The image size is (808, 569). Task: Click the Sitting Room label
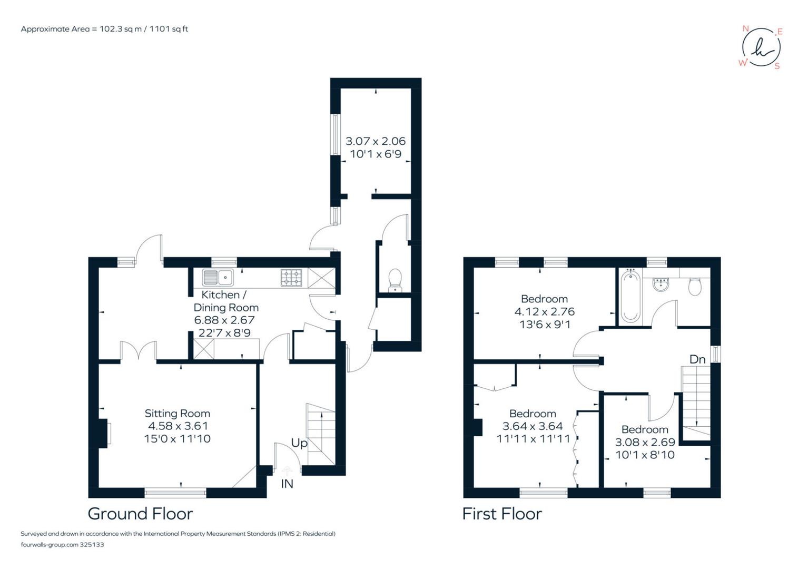pos(177,414)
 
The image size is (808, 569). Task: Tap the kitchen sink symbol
pos(218,277)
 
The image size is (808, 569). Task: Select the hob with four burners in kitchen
pos(291,277)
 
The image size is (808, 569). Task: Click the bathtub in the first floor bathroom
pos(630,296)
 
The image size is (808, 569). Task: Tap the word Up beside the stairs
pos(299,443)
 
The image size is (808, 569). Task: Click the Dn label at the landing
pos(697,359)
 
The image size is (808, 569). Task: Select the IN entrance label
pos(287,484)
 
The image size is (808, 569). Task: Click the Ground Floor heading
pos(140,514)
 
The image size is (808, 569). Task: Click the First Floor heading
pos(501,514)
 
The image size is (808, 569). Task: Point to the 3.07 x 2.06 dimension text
pos(376,141)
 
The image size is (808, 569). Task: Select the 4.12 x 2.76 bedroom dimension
pos(544,312)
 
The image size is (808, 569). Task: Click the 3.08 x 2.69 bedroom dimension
pos(645,443)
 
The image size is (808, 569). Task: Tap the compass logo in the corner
pos(761,47)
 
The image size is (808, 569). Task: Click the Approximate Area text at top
pos(104,29)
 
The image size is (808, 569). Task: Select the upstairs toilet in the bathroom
pos(695,286)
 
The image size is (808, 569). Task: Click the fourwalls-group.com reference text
pos(62,545)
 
